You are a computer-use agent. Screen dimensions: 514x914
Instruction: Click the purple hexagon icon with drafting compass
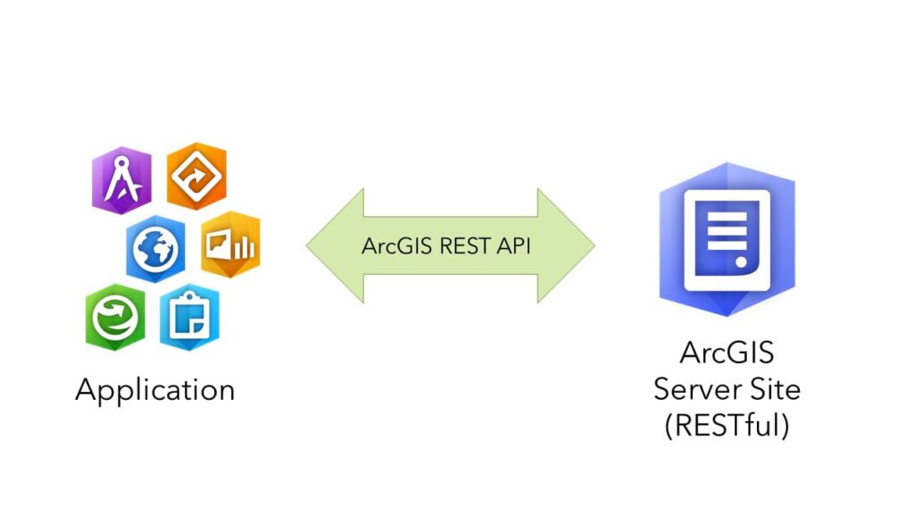(x=121, y=179)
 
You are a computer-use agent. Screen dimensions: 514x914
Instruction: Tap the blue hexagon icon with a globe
(x=155, y=247)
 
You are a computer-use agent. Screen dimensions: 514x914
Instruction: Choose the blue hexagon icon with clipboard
(x=189, y=315)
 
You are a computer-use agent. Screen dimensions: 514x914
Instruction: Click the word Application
(x=155, y=390)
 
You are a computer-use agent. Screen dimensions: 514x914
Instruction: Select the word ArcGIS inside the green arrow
(x=398, y=246)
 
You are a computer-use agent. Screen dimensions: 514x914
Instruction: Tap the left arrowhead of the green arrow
(x=326, y=245)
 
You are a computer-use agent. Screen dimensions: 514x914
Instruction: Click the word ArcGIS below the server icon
(x=727, y=353)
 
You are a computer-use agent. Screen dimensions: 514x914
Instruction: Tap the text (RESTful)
(x=727, y=425)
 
